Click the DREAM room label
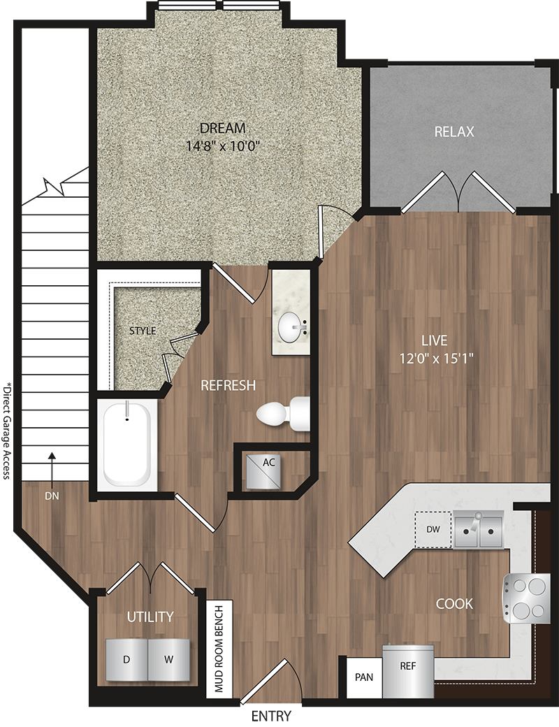coord(222,127)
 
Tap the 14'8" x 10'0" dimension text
coord(222,147)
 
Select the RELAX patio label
coord(454,132)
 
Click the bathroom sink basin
coord(292,327)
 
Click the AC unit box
coord(263,472)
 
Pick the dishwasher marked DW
coord(433,529)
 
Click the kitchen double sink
coord(478,529)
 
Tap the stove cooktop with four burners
coord(527,598)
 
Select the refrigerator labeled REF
coord(408,670)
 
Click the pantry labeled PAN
coord(364,677)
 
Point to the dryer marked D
coord(126,660)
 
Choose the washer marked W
coord(168,660)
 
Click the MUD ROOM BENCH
coord(219,649)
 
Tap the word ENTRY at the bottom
coord(271,716)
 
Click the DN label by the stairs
coord(52,496)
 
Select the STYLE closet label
coord(143,331)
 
